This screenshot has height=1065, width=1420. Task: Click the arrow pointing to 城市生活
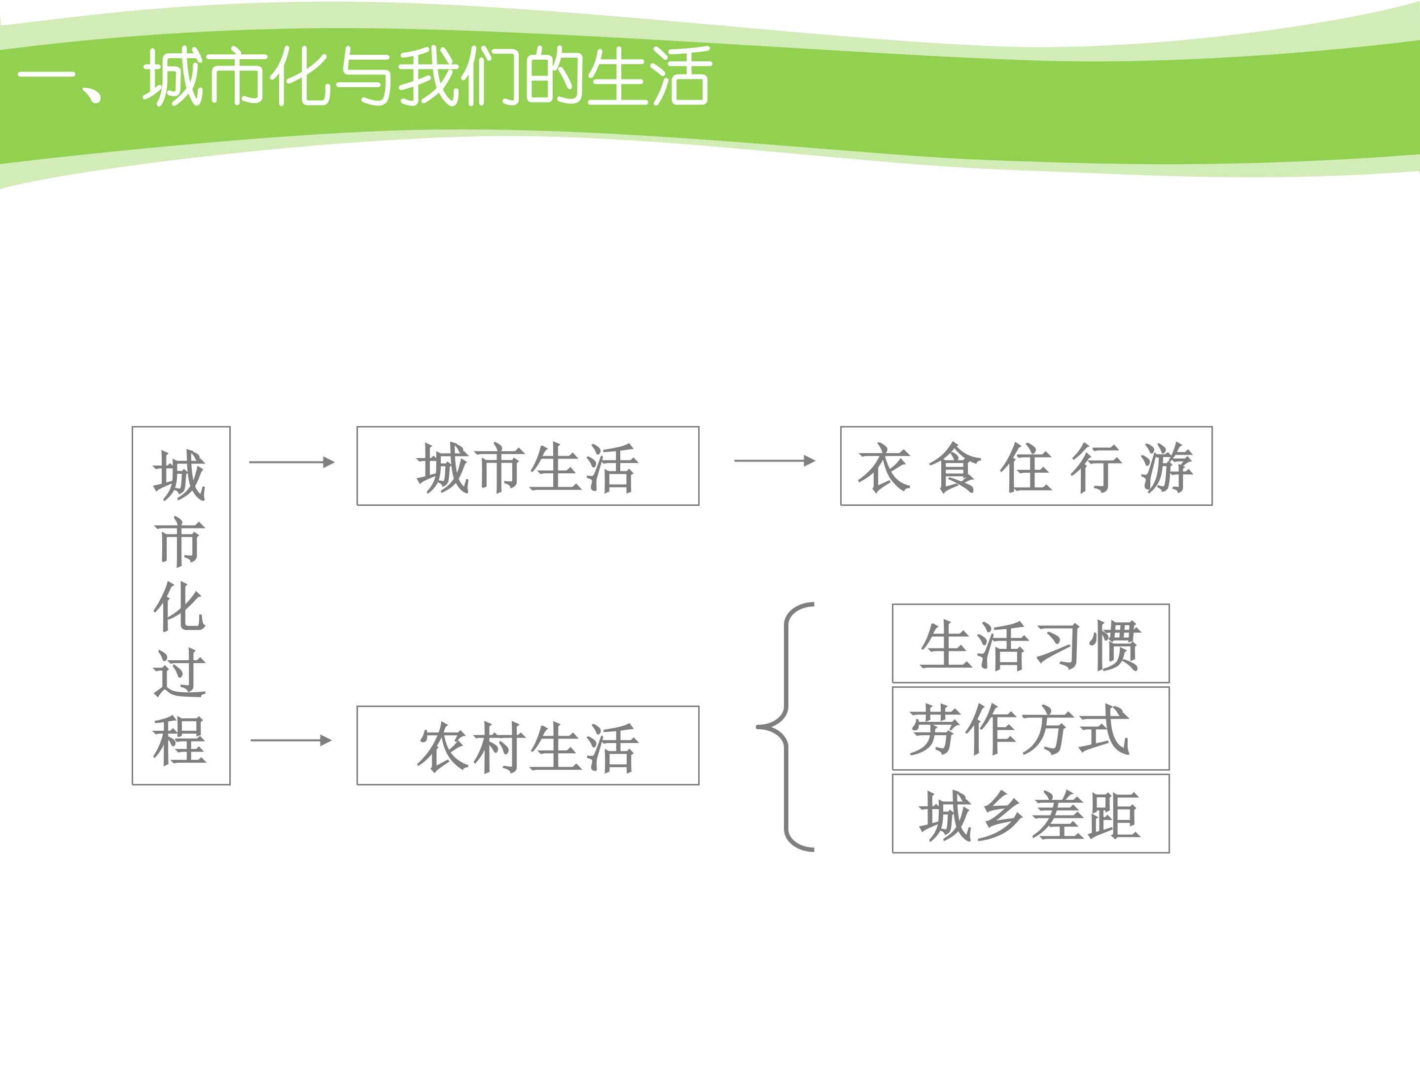(x=292, y=462)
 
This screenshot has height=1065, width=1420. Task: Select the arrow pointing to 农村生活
(x=291, y=740)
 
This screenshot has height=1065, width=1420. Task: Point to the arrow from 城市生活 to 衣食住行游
(x=775, y=461)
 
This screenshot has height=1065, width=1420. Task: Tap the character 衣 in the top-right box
(x=885, y=467)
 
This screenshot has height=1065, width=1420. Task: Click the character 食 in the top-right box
(x=955, y=467)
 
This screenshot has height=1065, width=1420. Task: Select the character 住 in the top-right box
(x=1027, y=467)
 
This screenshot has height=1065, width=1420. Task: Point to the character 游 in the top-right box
(x=1167, y=467)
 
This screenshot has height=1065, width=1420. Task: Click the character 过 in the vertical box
(x=180, y=672)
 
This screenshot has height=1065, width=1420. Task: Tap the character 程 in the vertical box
(x=180, y=740)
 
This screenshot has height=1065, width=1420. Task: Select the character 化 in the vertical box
(x=180, y=605)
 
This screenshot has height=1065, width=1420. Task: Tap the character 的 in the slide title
(x=554, y=76)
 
